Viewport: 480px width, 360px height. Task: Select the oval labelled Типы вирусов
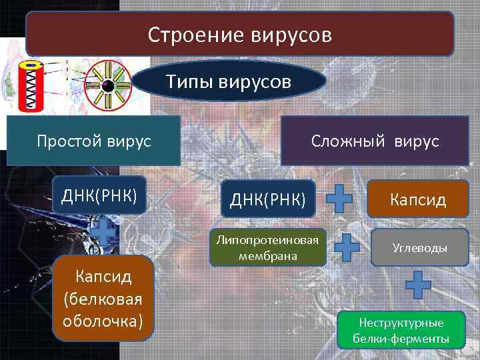pos(229,83)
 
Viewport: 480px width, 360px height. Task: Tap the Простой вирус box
pos(93,141)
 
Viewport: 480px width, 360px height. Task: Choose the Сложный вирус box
pos(374,141)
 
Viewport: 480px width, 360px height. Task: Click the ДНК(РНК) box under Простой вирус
pos(99,195)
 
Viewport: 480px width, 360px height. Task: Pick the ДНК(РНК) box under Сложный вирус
pos(268,199)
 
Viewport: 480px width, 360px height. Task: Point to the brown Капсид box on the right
pos(418,199)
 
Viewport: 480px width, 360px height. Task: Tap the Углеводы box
pos(419,248)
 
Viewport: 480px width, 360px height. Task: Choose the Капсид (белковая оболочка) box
pos(103,298)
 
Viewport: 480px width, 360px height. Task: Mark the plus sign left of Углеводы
pos(347,247)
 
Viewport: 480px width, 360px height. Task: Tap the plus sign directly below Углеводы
pos(419,285)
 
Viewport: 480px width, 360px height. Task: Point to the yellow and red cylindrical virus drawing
pos(32,87)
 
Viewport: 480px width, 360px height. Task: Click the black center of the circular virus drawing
pos(107,86)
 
